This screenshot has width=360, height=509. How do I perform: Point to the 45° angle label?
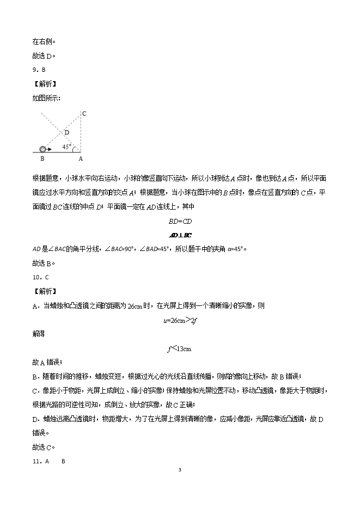[66, 146]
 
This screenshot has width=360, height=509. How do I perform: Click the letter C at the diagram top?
[84, 113]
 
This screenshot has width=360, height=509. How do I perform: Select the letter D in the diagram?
[67, 132]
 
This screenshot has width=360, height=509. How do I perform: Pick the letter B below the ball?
[42, 159]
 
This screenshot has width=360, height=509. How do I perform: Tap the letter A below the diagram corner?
[81, 159]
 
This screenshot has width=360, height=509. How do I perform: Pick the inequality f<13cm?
[180, 348]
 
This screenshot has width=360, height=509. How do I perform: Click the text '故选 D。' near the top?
[45, 56]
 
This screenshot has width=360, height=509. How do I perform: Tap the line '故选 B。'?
[45, 263]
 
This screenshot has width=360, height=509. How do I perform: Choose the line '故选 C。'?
[45, 447]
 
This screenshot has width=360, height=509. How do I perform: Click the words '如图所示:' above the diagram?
[47, 98]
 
